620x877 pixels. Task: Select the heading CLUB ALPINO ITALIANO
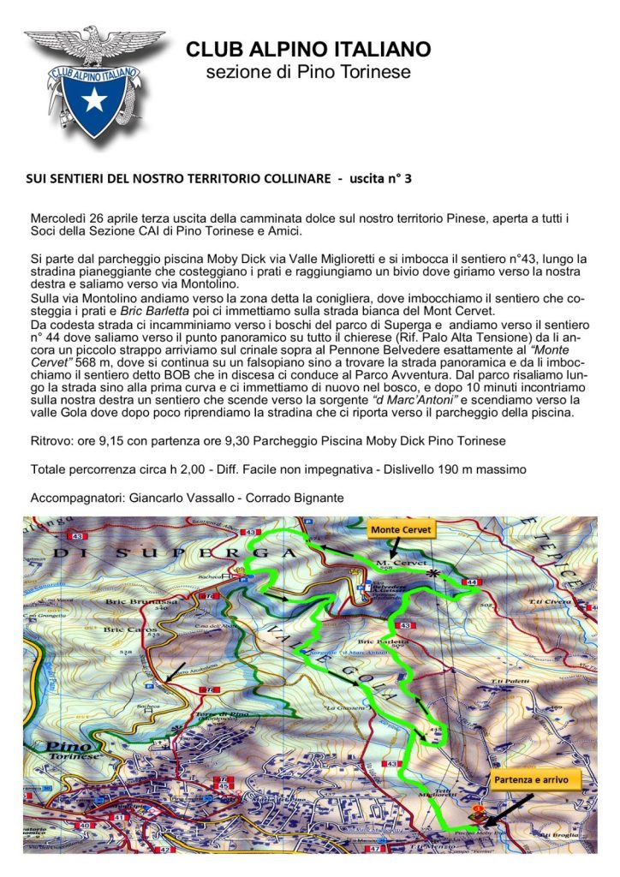[308, 49]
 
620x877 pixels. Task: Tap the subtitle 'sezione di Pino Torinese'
[308, 72]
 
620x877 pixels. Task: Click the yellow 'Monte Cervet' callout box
[403, 530]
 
